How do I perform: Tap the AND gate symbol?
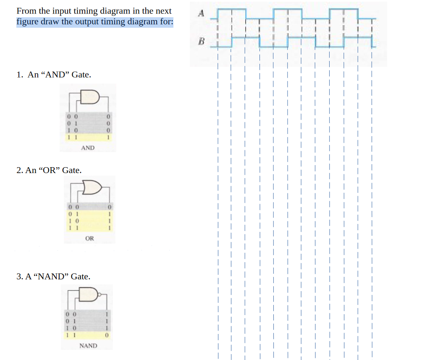(91, 97)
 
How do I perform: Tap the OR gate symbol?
(92, 188)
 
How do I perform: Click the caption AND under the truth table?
(87, 148)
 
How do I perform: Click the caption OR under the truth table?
(89, 239)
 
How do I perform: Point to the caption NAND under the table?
(88, 346)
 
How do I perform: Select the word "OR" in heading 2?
(50, 170)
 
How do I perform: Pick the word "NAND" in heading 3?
(52, 276)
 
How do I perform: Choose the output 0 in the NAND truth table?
(107, 336)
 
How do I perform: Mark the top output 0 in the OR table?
(109, 207)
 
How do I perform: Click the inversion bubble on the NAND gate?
(100, 294)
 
